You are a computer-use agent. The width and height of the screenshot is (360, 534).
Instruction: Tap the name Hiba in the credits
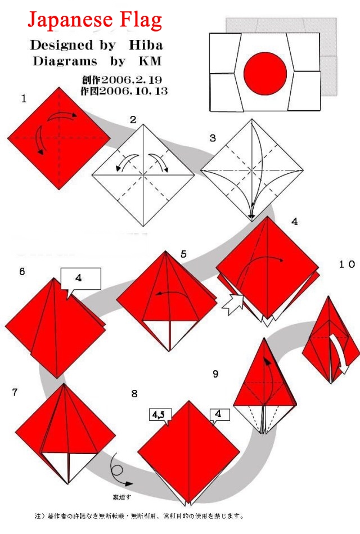(145, 44)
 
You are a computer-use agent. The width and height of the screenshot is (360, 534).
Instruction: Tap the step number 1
(24, 99)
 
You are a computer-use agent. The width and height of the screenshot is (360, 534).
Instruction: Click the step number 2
(133, 119)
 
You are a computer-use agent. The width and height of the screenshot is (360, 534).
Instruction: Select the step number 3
(213, 138)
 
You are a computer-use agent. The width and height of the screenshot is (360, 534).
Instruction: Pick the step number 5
(183, 254)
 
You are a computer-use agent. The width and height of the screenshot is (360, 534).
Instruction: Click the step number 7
(15, 392)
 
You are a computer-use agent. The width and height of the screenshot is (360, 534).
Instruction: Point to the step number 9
(216, 373)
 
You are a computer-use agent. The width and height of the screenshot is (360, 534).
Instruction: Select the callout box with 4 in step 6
(80, 278)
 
